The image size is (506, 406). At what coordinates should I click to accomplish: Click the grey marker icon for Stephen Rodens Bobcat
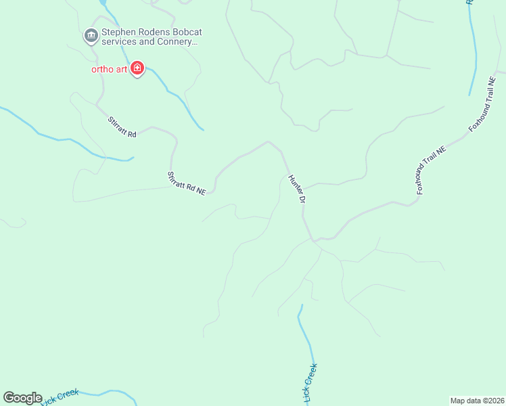(91, 35)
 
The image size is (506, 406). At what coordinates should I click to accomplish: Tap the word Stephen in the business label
(117, 32)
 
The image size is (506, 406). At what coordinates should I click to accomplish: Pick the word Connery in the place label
(178, 41)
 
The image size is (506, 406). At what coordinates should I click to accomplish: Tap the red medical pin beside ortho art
(138, 68)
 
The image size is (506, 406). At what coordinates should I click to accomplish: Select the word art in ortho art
(121, 69)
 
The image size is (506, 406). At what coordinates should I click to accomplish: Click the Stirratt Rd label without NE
(122, 127)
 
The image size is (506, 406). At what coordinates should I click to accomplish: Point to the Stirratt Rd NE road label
(186, 183)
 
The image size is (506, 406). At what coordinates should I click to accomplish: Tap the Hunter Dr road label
(298, 189)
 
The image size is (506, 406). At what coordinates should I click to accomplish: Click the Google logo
(22, 398)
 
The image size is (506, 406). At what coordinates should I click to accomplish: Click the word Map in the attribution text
(458, 401)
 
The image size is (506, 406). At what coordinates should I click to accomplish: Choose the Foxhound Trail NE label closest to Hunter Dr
(432, 173)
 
